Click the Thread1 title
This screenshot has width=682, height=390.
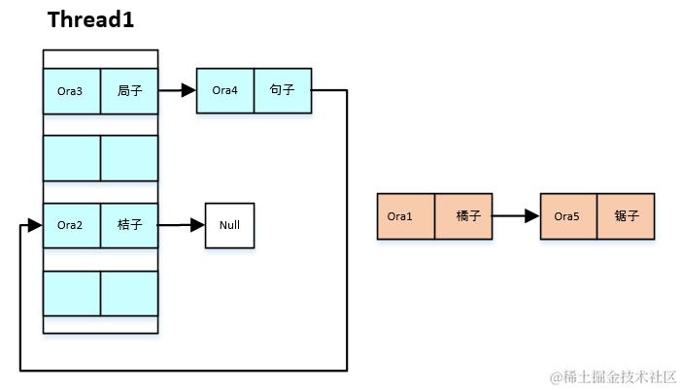pyautogui.click(x=90, y=19)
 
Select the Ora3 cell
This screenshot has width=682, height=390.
pyautogui.click(x=72, y=91)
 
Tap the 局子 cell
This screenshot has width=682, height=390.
pyautogui.click(x=129, y=91)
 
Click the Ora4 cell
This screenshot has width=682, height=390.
pyautogui.click(x=225, y=90)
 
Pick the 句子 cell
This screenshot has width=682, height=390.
pyautogui.click(x=283, y=90)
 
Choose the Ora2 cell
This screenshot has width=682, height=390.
pyautogui.click(x=72, y=225)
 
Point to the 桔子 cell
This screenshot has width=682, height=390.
pyautogui.click(x=129, y=225)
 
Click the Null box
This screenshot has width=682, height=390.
pyautogui.click(x=229, y=225)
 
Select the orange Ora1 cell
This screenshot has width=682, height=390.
pyautogui.click(x=405, y=216)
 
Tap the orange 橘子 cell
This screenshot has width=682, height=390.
pyautogui.click(x=463, y=216)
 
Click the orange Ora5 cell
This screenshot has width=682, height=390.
pyautogui.click(x=568, y=216)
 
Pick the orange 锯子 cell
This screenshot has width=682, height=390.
pyautogui.click(x=626, y=216)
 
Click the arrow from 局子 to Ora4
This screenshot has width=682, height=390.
pyautogui.click(x=177, y=90)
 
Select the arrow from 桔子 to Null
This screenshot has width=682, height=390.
pyautogui.click(x=182, y=225)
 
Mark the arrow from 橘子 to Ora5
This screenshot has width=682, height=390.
pyautogui.click(x=516, y=216)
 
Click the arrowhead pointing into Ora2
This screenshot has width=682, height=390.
pyautogui.click(x=35, y=225)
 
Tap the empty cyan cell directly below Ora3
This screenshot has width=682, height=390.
pyautogui.click(x=72, y=158)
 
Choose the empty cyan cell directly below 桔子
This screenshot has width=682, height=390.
pyautogui.click(x=129, y=293)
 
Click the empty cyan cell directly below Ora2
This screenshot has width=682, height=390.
pyautogui.click(x=72, y=293)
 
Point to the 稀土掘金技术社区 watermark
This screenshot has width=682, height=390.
pyautogui.click(x=613, y=376)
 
